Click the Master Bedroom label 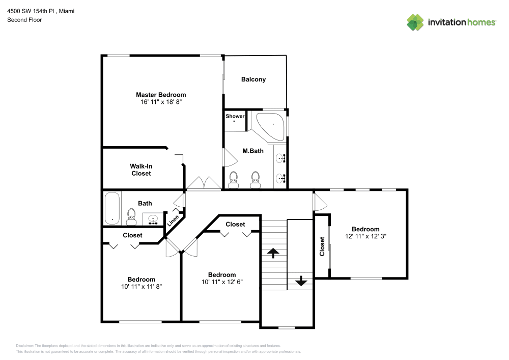161,95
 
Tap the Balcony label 253,79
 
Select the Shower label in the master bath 235,116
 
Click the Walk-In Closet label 141,170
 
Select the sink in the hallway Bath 152,219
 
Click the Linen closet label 173,219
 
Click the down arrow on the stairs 300,281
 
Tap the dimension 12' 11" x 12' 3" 365,236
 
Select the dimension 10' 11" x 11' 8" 141,286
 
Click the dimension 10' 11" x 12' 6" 221,282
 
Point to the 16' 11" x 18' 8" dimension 161,102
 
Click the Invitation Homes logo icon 415,22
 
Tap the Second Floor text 24,20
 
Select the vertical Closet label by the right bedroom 322,246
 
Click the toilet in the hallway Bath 131,216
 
